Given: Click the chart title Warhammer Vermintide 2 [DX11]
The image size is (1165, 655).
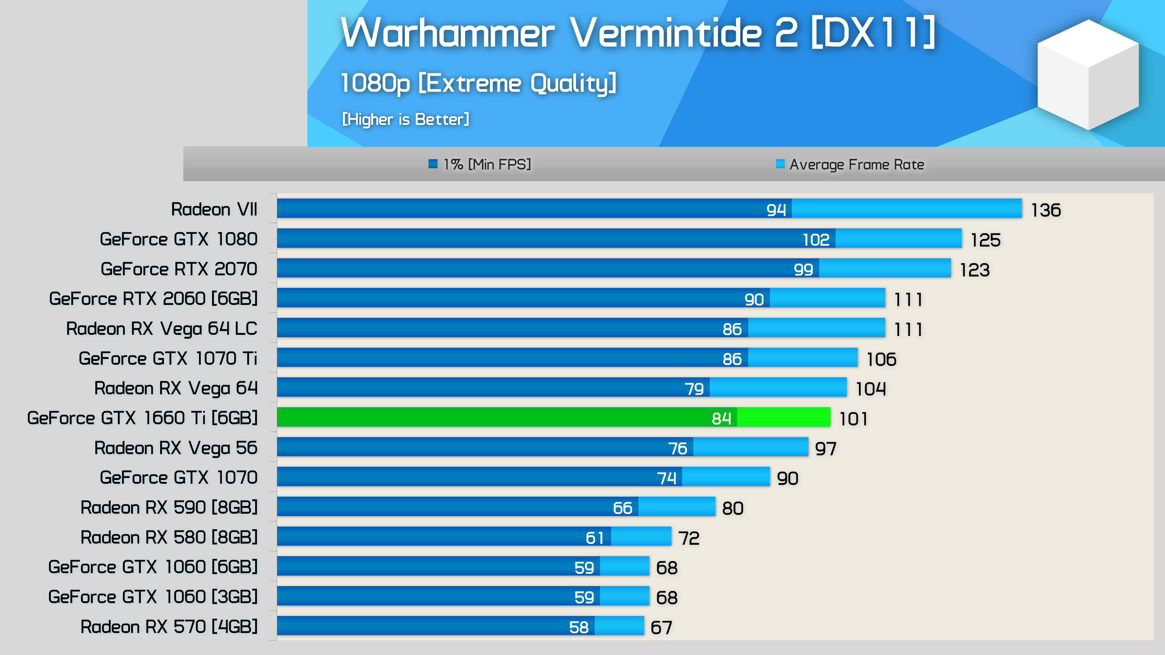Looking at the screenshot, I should pos(638,33).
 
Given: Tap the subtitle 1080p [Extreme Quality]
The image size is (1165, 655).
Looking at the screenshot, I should pos(478,83).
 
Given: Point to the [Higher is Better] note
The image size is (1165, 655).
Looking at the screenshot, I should pos(405,119).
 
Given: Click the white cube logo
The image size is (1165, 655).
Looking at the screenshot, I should pos(1088,74).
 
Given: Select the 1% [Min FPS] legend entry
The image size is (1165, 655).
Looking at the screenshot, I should pos(480,164).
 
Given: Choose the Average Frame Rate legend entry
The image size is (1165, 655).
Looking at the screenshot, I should pos(850,164).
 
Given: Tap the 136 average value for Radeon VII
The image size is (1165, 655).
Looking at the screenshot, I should pos(1046,210).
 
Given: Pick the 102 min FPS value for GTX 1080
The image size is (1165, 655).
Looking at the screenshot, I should pos(816,240).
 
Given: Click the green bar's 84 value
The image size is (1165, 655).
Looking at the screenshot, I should pos(721,419).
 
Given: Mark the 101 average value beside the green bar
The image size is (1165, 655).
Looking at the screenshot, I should pos(854,419).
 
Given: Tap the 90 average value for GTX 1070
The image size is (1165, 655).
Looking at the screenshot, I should pos(787,478).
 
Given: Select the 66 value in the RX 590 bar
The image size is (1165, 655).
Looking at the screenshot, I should pos(622,508).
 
